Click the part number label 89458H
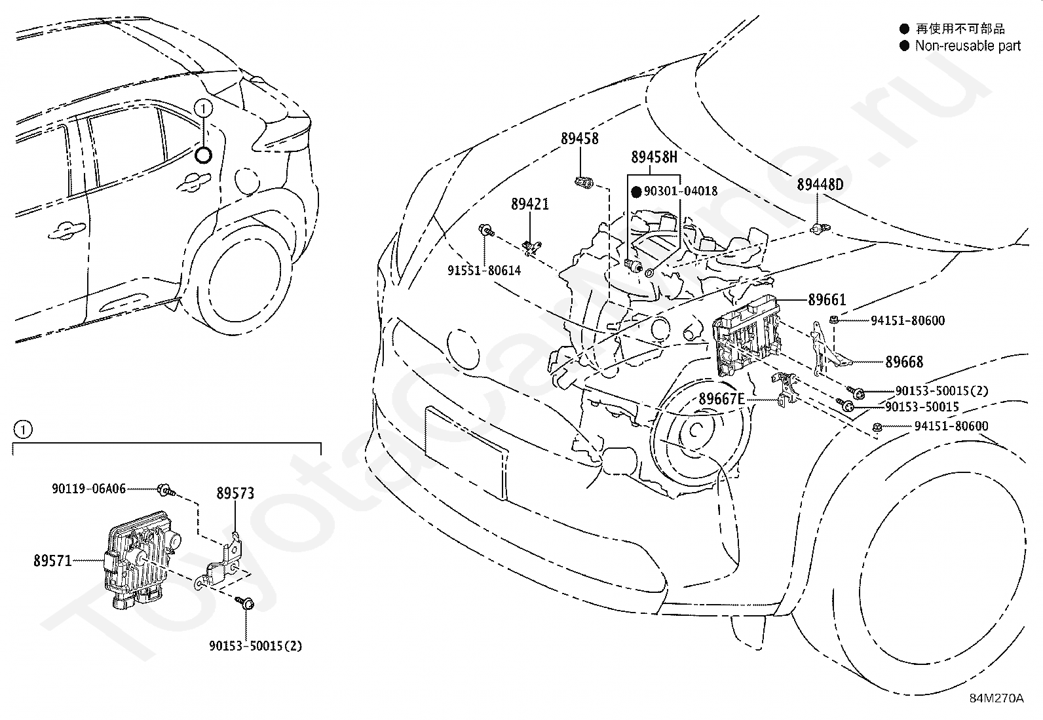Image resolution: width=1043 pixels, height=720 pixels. tap(654, 157)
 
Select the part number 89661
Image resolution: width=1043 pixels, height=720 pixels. tap(827, 299)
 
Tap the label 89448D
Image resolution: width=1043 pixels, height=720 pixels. tap(820, 185)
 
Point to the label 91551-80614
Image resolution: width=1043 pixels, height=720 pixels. tap(484, 271)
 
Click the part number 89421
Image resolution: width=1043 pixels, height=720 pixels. tap(530, 204)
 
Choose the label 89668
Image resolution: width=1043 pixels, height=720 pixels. tap(903, 362)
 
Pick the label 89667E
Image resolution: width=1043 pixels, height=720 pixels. tap(722, 399)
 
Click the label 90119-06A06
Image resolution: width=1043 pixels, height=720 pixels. tap(89, 489)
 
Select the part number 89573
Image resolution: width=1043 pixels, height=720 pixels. tap(236, 493)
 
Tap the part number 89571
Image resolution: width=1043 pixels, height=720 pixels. tap(52, 561)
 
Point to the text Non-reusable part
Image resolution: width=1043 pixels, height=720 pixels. tap(968, 46)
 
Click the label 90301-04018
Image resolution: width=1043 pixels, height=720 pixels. tap(681, 191)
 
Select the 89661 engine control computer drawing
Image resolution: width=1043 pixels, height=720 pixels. tap(747, 335)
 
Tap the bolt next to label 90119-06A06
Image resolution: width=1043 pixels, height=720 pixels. tap(166, 490)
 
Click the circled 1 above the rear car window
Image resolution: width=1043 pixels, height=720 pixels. tap(203, 109)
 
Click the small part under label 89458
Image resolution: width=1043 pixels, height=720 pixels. tap(584, 183)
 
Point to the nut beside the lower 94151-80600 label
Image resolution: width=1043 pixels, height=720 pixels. tap(877, 426)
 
